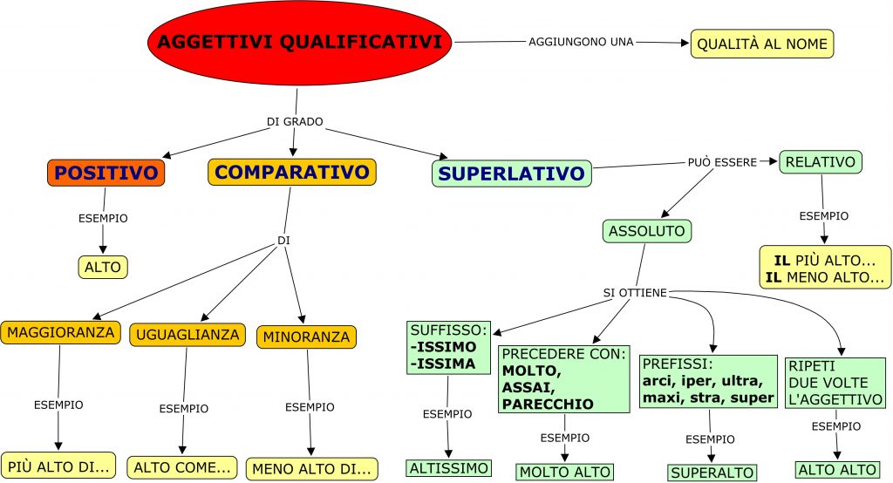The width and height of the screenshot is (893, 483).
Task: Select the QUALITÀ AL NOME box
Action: point(762,44)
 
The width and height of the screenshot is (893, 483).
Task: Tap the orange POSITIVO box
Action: point(106,173)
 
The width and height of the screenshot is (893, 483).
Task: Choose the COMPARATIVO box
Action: point(291,172)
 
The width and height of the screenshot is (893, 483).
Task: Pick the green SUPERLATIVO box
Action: point(511,173)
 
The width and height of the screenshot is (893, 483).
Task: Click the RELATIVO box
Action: point(820,161)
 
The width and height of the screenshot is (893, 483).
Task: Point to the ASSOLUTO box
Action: point(647,231)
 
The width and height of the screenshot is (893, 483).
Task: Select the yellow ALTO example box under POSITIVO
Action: point(103,267)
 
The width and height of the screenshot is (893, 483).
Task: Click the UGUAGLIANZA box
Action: point(185,334)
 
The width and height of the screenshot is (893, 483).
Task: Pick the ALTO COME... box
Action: point(182,466)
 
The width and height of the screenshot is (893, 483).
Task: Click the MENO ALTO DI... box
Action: point(312,469)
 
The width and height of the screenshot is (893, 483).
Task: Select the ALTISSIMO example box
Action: point(448,468)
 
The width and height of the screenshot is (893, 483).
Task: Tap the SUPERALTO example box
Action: point(712,473)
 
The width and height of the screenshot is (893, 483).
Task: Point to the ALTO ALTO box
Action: point(837,469)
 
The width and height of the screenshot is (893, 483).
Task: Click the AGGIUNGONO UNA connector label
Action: point(581,41)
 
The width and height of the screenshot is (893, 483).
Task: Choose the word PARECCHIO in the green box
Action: point(547,404)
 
